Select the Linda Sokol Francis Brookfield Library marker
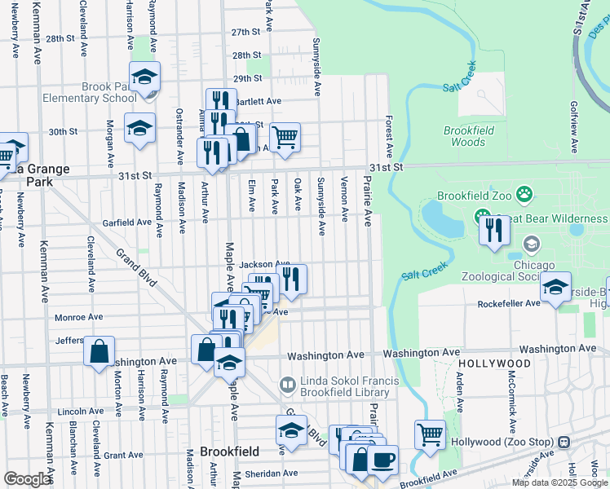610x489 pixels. click(x=286, y=383)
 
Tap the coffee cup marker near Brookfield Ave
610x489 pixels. click(x=382, y=458)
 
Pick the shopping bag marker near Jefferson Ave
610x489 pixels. click(x=99, y=351)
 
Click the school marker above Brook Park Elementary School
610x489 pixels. click(x=144, y=77)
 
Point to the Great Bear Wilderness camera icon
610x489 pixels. click(x=482, y=218)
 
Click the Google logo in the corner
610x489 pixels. click(x=27, y=479)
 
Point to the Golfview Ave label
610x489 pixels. click(x=574, y=127)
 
